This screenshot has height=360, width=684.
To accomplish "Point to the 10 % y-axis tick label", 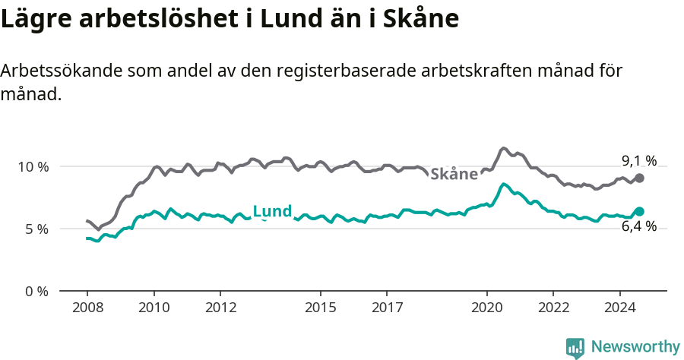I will tap(33, 166).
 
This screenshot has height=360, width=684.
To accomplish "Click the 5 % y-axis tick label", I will tap(36, 229).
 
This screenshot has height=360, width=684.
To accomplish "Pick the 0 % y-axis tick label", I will tap(36, 291).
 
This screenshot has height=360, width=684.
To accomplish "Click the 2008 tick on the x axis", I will tap(87, 308).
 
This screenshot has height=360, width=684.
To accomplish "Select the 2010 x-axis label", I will tap(154, 308).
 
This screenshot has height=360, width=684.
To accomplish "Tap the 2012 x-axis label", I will tap(220, 308).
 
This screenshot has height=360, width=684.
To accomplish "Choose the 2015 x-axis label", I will tap(320, 308).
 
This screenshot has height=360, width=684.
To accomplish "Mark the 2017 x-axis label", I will tap(386, 308).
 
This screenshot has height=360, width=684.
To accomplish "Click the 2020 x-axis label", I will tap(486, 308).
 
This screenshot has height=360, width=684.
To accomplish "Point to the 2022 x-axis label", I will tap(553, 308).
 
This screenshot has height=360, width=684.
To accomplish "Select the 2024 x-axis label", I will tap(619, 308).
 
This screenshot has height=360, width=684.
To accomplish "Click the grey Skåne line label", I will tap(454, 174).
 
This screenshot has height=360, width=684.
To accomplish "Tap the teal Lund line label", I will tap(272, 211).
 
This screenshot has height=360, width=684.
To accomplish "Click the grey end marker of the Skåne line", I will tap(639, 178).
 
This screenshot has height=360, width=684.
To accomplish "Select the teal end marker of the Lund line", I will tap(639, 211).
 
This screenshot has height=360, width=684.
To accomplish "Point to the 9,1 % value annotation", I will tap(638, 160).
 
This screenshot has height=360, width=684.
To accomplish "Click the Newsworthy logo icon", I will tap(575, 347).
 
